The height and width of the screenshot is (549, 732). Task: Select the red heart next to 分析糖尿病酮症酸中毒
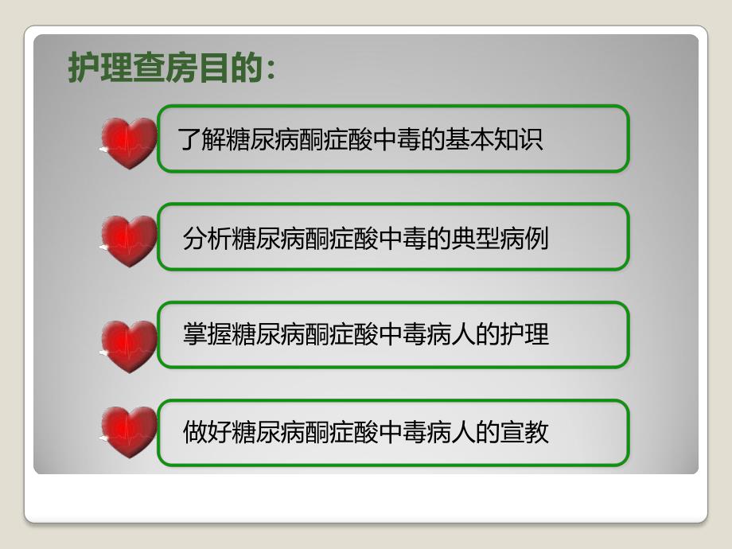[x=129, y=240]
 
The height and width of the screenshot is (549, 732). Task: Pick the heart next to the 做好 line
[x=129, y=431]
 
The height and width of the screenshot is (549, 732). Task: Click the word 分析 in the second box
[x=207, y=238]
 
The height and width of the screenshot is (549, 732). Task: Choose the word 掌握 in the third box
[x=207, y=335]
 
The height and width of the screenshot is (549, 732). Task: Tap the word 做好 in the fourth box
[x=207, y=433]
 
